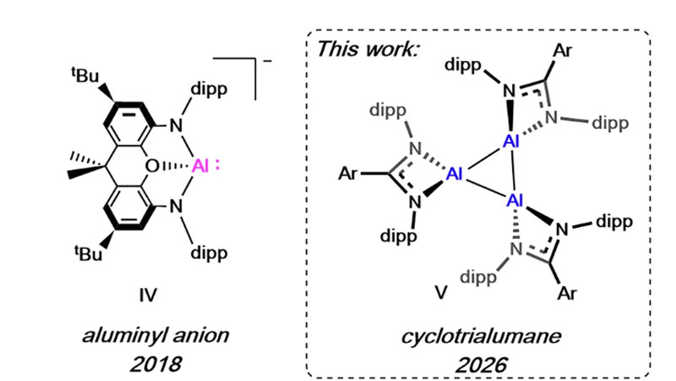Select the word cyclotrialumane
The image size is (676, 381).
(x=479, y=339)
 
